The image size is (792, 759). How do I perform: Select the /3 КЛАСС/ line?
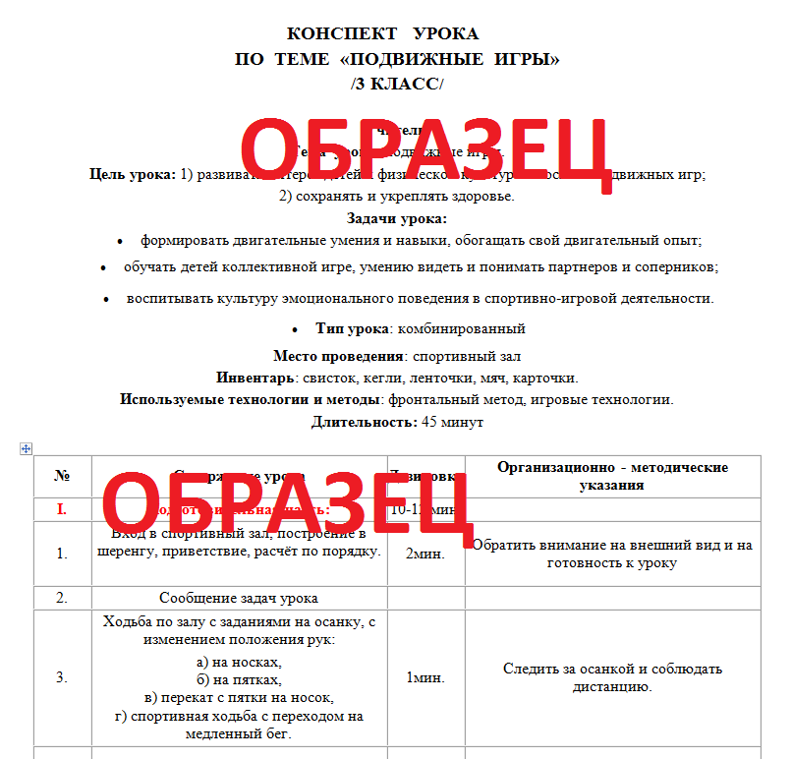[397, 84]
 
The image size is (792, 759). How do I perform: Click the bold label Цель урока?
[133, 175]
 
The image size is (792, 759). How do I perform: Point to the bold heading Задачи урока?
[397, 218]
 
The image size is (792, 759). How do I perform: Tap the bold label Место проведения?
[339, 356]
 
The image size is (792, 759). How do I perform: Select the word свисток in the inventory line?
[327, 378]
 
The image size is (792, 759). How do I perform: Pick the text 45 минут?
[452, 422]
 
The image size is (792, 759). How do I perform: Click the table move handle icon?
[27, 448]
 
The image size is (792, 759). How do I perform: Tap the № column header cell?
[62, 476]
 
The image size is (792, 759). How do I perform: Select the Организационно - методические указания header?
[612, 476]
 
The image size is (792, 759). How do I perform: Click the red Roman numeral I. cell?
[62, 509]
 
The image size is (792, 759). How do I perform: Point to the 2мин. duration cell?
[425, 553]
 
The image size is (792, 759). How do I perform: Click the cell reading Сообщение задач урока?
[239, 598]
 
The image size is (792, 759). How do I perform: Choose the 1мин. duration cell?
[425, 677]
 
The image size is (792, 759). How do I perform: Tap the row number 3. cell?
[62, 677]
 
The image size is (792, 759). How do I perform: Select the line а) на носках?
[239, 662]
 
